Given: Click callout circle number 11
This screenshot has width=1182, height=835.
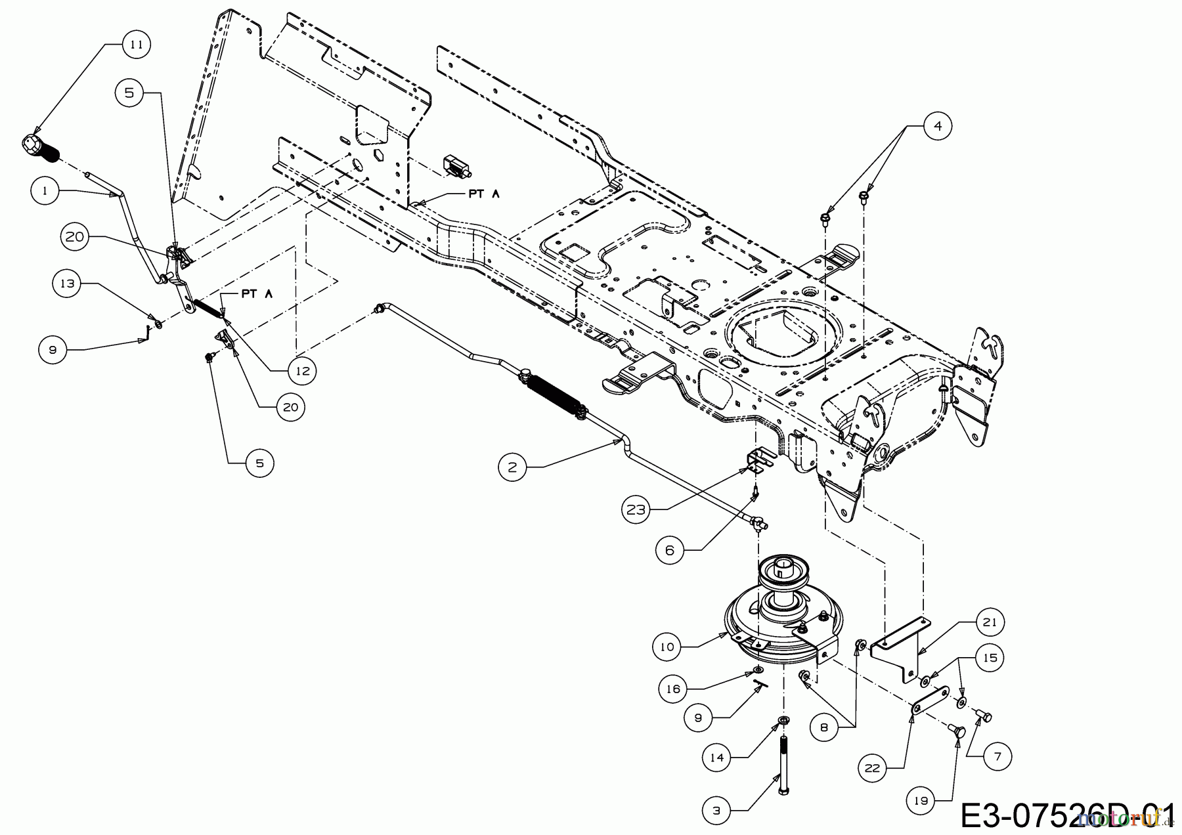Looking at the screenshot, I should [136, 45].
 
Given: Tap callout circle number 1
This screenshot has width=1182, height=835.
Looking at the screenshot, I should [45, 191].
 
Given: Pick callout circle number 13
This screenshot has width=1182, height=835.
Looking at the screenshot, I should [68, 284].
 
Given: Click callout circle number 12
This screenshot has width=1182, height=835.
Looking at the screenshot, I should [302, 371].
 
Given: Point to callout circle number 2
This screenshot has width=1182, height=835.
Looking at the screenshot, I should [512, 467].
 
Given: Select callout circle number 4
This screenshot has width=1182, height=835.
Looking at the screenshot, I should [937, 125].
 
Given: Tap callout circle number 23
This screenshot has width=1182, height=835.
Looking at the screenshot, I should [636, 509].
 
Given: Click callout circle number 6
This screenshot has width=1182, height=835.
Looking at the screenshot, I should [669, 550].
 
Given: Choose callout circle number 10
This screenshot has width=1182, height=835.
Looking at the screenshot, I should [667, 647].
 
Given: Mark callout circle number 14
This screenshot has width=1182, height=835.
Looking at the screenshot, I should [716, 758].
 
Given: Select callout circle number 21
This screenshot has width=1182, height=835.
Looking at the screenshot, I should [990, 622].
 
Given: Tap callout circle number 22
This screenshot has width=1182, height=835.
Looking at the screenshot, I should [872, 767].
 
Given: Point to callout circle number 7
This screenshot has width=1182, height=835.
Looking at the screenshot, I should [997, 757].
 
